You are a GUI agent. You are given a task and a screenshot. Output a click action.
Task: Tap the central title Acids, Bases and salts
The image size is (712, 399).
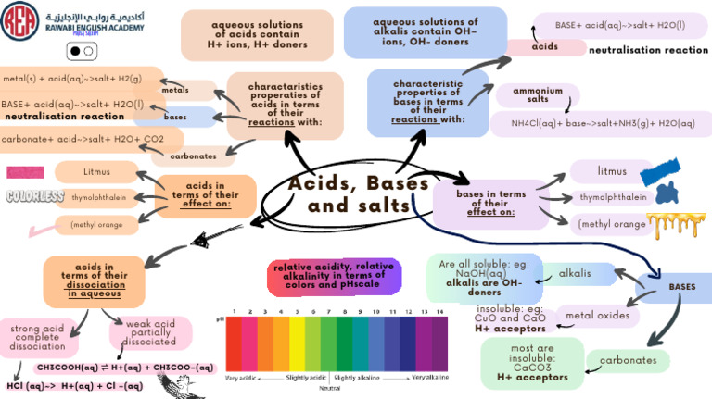coord(359,193)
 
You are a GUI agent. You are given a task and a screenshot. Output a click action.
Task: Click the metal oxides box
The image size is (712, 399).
coord(598,316)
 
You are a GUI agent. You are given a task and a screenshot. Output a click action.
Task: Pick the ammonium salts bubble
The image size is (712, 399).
coord(538,94)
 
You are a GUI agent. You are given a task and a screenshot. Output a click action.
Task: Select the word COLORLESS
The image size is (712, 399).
coord(35,196)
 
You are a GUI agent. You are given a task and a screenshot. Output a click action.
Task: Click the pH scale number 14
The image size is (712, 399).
coord(439,312)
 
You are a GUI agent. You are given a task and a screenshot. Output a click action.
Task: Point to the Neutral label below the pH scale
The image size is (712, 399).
coord(329,388)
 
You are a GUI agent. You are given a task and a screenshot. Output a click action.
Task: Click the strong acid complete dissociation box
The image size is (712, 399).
coord(38,337)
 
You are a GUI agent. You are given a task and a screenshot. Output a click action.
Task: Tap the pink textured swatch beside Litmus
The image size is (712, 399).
coord(26,172)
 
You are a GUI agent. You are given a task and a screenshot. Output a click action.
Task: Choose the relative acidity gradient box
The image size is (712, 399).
coord(335,276)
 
